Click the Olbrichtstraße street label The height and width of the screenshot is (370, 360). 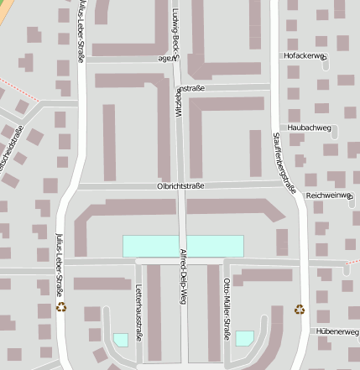180,186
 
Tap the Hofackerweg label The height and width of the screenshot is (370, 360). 305,56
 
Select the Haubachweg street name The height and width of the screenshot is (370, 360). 310,128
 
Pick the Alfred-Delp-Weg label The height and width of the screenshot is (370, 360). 182,274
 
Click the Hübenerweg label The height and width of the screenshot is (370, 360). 337,332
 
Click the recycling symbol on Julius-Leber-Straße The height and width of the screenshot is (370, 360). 61,307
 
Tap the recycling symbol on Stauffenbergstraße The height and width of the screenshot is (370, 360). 300,310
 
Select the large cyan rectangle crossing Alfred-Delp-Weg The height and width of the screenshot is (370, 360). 183,246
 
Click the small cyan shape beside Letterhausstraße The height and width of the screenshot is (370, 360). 121,339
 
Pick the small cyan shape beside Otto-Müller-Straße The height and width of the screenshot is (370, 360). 244,337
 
